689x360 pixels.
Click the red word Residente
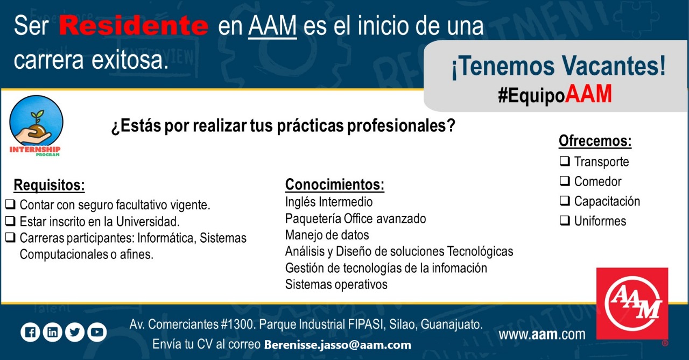click(133, 25)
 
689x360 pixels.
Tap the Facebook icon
click(30, 333)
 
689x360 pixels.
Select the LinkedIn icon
click(52, 333)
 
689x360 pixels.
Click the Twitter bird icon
click(75, 333)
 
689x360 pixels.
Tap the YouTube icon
click(97, 333)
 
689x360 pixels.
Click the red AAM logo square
click(632, 303)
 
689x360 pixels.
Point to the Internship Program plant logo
click(36, 125)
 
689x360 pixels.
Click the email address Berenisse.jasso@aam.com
click(338, 344)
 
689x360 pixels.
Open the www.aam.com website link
click(542, 334)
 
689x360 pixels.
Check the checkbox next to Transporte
click(565, 161)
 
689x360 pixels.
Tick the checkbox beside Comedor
click(565, 181)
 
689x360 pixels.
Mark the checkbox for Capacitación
click(565, 200)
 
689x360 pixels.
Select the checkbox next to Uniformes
click(565, 221)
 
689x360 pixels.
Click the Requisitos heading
click(49, 185)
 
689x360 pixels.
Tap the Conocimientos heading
click(335, 185)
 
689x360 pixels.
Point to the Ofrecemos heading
click(595, 141)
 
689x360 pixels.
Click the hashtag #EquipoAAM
click(555, 94)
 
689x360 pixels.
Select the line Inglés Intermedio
click(329, 202)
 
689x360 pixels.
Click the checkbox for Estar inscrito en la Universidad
click(10, 221)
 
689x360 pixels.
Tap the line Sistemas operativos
click(336, 284)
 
